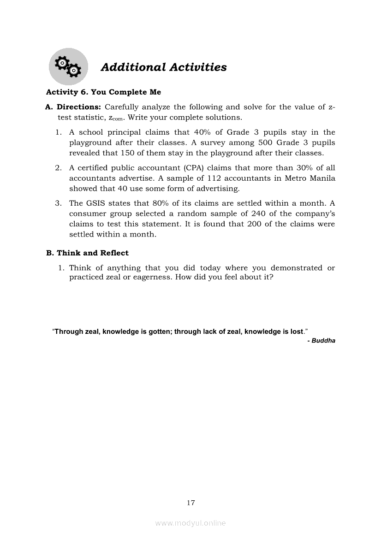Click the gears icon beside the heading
pos(68,67)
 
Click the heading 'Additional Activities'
pos(164,67)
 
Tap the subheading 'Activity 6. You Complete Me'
pos(103,92)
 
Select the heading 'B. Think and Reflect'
pos(87,253)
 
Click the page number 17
pos(191,503)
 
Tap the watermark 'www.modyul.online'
pos(190,523)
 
